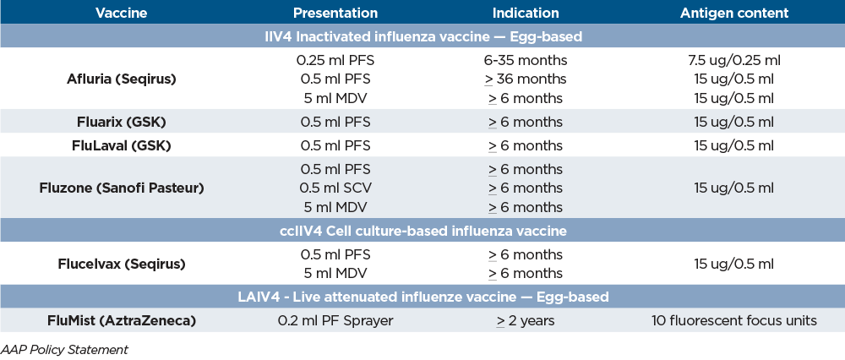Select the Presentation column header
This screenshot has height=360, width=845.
(x=335, y=14)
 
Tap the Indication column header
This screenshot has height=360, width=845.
(x=526, y=14)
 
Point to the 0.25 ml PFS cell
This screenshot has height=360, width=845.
(x=335, y=61)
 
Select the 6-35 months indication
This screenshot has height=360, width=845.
(x=526, y=61)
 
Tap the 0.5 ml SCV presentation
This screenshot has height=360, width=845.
(x=335, y=188)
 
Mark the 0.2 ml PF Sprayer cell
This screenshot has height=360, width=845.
(x=335, y=320)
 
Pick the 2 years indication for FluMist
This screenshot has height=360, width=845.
(x=526, y=320)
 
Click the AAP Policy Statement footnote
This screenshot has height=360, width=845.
(x=65, y=348)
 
